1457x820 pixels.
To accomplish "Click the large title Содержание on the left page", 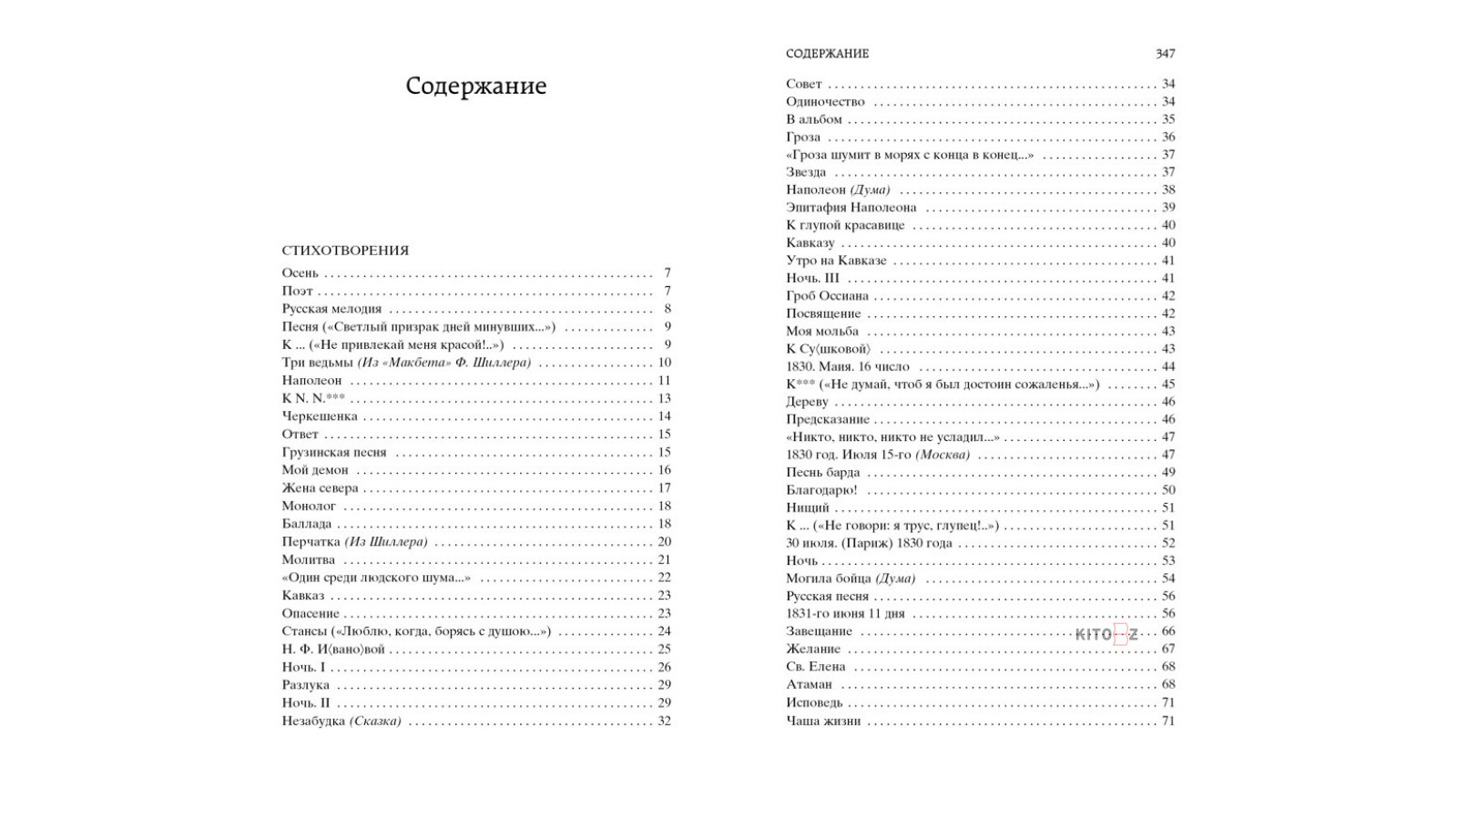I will click(475, 87).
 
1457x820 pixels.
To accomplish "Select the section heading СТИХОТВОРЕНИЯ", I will click(345, 251).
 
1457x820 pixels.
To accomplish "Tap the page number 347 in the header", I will click(1165, 54).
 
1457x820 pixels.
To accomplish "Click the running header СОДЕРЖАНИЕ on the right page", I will click(827, 54).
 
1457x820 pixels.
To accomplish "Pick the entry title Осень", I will click(300, 273).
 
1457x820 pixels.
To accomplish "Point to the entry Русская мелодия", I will click(331, 309).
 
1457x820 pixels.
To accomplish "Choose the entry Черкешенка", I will click(319, 416).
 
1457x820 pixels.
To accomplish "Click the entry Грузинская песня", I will click(333, 452).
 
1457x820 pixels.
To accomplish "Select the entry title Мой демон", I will click(315, 470).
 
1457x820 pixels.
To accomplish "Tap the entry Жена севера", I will click(320, 488).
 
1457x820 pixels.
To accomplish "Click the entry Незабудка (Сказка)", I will click(341, 721).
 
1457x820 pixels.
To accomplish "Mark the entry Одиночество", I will click(825, 101).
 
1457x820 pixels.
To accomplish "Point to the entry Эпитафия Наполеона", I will click(851, 208).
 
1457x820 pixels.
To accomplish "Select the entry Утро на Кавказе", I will click(836, 261).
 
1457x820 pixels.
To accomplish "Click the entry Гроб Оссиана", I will click(827, 296).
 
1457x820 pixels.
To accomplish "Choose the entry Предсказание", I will click(827, 419).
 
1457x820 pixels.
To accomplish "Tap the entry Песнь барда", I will click(822, 472).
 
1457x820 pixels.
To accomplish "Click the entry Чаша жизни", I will click(822, 721).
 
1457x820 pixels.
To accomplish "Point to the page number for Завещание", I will click(1168, 631).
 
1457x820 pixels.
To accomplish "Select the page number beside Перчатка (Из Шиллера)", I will click(664, 542).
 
